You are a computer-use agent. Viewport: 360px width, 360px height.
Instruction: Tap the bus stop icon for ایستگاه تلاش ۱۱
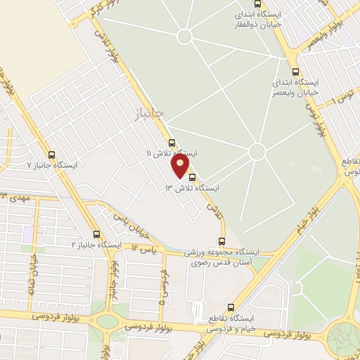(172, 143)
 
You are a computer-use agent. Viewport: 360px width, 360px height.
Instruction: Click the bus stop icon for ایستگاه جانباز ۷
(51, 155)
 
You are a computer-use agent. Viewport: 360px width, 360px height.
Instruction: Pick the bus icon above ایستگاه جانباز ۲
(96, 234)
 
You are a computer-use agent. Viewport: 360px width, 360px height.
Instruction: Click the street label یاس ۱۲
(142, 248)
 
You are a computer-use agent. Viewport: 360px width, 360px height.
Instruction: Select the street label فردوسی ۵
(162, 288)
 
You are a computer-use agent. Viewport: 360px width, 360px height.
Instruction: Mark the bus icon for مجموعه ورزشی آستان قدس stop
(222, 241)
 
